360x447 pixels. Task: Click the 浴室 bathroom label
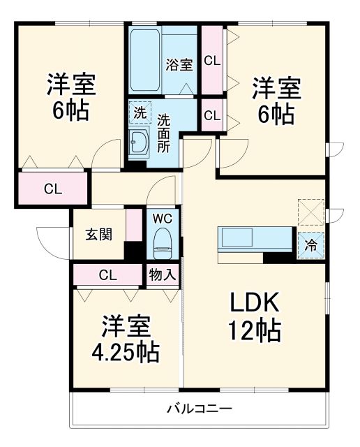click(x=179, y=66)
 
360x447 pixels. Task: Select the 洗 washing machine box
click(x=140, y=112)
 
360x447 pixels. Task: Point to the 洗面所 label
click(x=163, y=133)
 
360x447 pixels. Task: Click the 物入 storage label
click(x=163, y=274)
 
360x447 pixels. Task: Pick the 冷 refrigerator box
click(x=311, y=245)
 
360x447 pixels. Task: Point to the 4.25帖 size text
click(x=127, y=351)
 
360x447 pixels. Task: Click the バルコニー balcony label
click(x=199, y=409)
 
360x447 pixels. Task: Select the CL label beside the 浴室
click(x=212, y=61)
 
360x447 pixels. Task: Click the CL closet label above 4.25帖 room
click(x=107, y=274)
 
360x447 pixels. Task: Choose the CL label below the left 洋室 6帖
click(x=52, y=188)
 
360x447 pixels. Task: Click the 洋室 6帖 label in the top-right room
click(x=276, y=100)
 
